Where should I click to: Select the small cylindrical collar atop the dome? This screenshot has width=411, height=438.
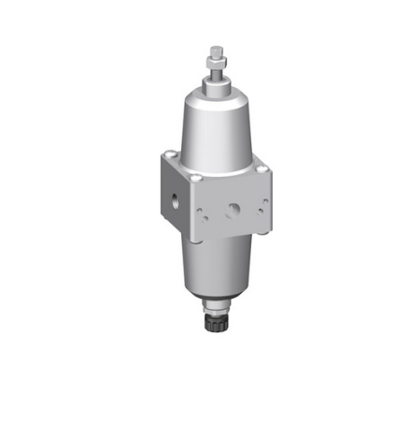tap(217, 86)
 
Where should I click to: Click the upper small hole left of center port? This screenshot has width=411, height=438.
tap(207, 200)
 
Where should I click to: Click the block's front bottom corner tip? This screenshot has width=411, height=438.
tap(199, 241)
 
